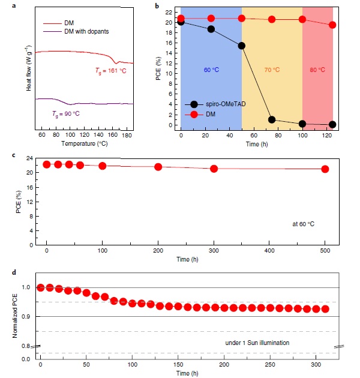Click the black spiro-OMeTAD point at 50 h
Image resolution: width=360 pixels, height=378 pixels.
(241, 46)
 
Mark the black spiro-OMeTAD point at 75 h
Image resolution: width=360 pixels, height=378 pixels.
(272, 119)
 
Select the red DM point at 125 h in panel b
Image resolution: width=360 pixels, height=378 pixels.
(332, 25)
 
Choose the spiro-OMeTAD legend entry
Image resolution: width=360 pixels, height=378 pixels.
(224, 104)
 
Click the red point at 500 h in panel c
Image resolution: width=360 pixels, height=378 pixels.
(325, 169)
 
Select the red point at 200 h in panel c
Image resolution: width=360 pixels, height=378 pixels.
(158, 167)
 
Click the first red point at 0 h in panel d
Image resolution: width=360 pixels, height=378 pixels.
(41, 287)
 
